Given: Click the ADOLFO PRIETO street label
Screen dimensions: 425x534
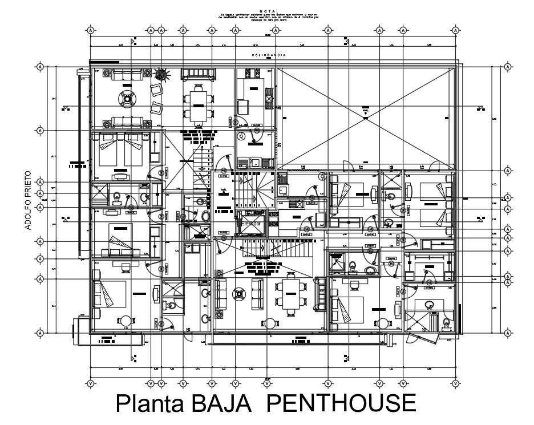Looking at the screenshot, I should point(27,199).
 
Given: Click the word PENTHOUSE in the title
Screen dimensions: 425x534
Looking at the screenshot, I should point(341,403).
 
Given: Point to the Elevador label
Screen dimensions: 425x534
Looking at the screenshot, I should point(252,224).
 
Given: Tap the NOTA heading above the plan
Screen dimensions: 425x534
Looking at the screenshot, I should point(268,11).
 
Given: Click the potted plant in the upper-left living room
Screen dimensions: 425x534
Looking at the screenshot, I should point(162,74).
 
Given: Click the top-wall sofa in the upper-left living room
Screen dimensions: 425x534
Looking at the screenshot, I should point(127,75).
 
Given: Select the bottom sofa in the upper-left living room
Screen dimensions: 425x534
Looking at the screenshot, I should point(127,122).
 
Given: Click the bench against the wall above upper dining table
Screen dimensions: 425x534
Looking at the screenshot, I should point(198,74).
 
